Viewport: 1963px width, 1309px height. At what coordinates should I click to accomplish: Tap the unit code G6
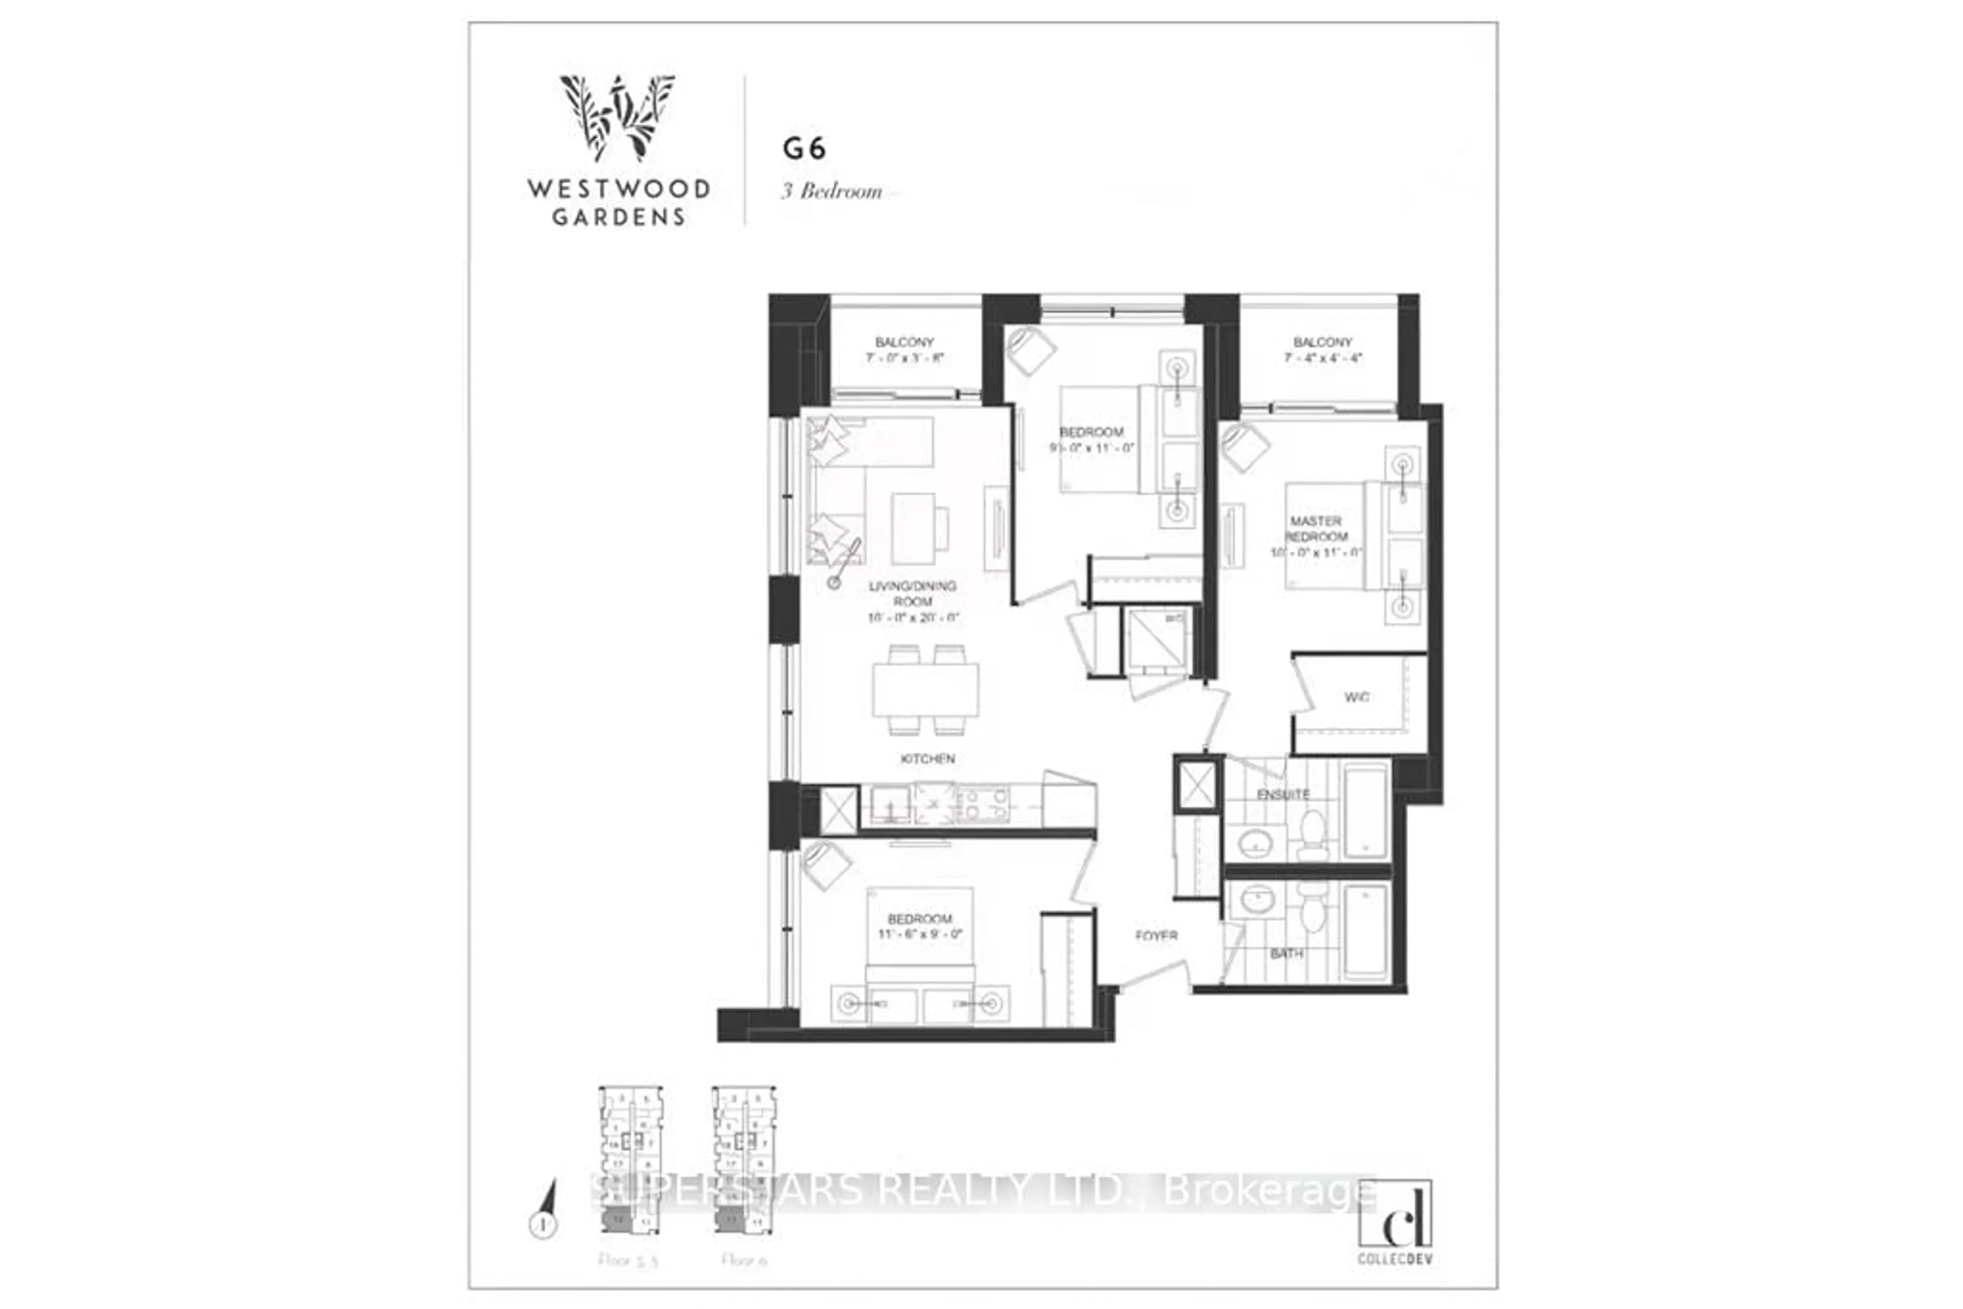point(804,149)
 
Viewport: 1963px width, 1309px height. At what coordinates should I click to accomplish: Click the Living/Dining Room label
point(912,593)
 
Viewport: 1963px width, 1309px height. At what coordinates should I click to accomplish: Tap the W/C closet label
point(1356,697)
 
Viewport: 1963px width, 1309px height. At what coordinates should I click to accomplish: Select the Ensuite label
point(1283,795)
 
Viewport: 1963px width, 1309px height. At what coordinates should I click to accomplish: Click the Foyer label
point(1156,936)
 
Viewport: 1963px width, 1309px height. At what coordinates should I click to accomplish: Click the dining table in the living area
point(925,690)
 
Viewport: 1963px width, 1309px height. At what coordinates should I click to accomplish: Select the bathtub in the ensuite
point(1365,809)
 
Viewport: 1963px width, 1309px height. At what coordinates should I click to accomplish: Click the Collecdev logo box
point(1395,1214)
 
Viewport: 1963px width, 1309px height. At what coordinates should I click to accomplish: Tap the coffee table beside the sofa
point(912,529)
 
